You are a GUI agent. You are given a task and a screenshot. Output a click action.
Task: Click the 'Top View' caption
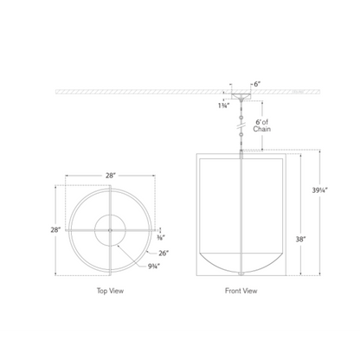point(110,291)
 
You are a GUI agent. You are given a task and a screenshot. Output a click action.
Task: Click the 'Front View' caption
point(241,291)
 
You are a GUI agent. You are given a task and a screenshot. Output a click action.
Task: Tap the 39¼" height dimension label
point(320,190)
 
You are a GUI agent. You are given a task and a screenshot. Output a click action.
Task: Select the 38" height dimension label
point(300,239)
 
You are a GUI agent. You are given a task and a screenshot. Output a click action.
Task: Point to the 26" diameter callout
point(164,254)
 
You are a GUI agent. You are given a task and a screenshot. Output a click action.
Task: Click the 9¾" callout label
point(154,267)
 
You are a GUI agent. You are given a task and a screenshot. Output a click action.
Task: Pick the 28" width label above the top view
point(110,176)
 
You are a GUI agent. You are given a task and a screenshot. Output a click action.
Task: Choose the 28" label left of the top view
point(55,230)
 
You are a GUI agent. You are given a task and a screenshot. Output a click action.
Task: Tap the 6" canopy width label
point(257,84)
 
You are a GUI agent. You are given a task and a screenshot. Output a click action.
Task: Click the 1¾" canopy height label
point(223,106)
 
